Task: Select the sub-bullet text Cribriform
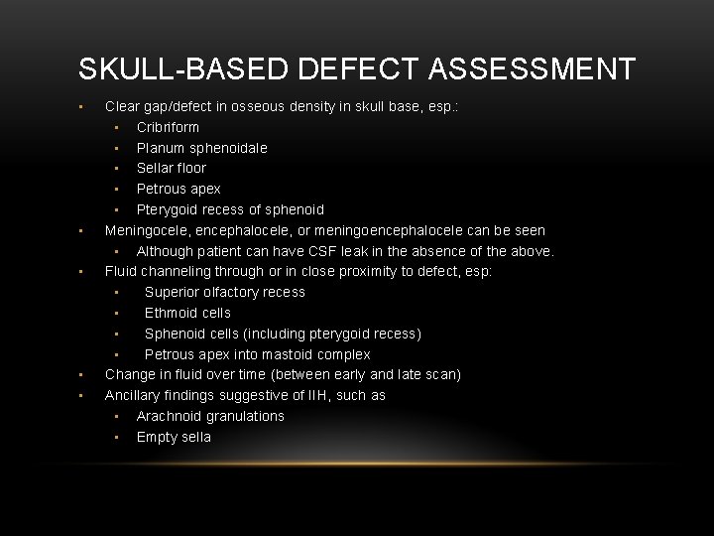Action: click(x=168, y=127)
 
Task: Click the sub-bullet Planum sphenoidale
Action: click(x=201, y=148)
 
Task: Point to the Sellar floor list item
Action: click(x=171, y=168)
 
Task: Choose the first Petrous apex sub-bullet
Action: click(x=178, y=189)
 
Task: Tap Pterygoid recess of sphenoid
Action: click(x=230, y=209)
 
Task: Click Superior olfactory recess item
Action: click(x=224, y=292)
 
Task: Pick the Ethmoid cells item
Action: click(x=187, y=313)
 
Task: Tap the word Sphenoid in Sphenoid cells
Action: click(x=175, y=334)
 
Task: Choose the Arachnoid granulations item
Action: click(x=210, y=416)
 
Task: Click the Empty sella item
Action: click(x=174, y=437)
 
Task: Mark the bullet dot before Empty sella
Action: click(x=116, y=438)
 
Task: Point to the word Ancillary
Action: click(x=135, y=395)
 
